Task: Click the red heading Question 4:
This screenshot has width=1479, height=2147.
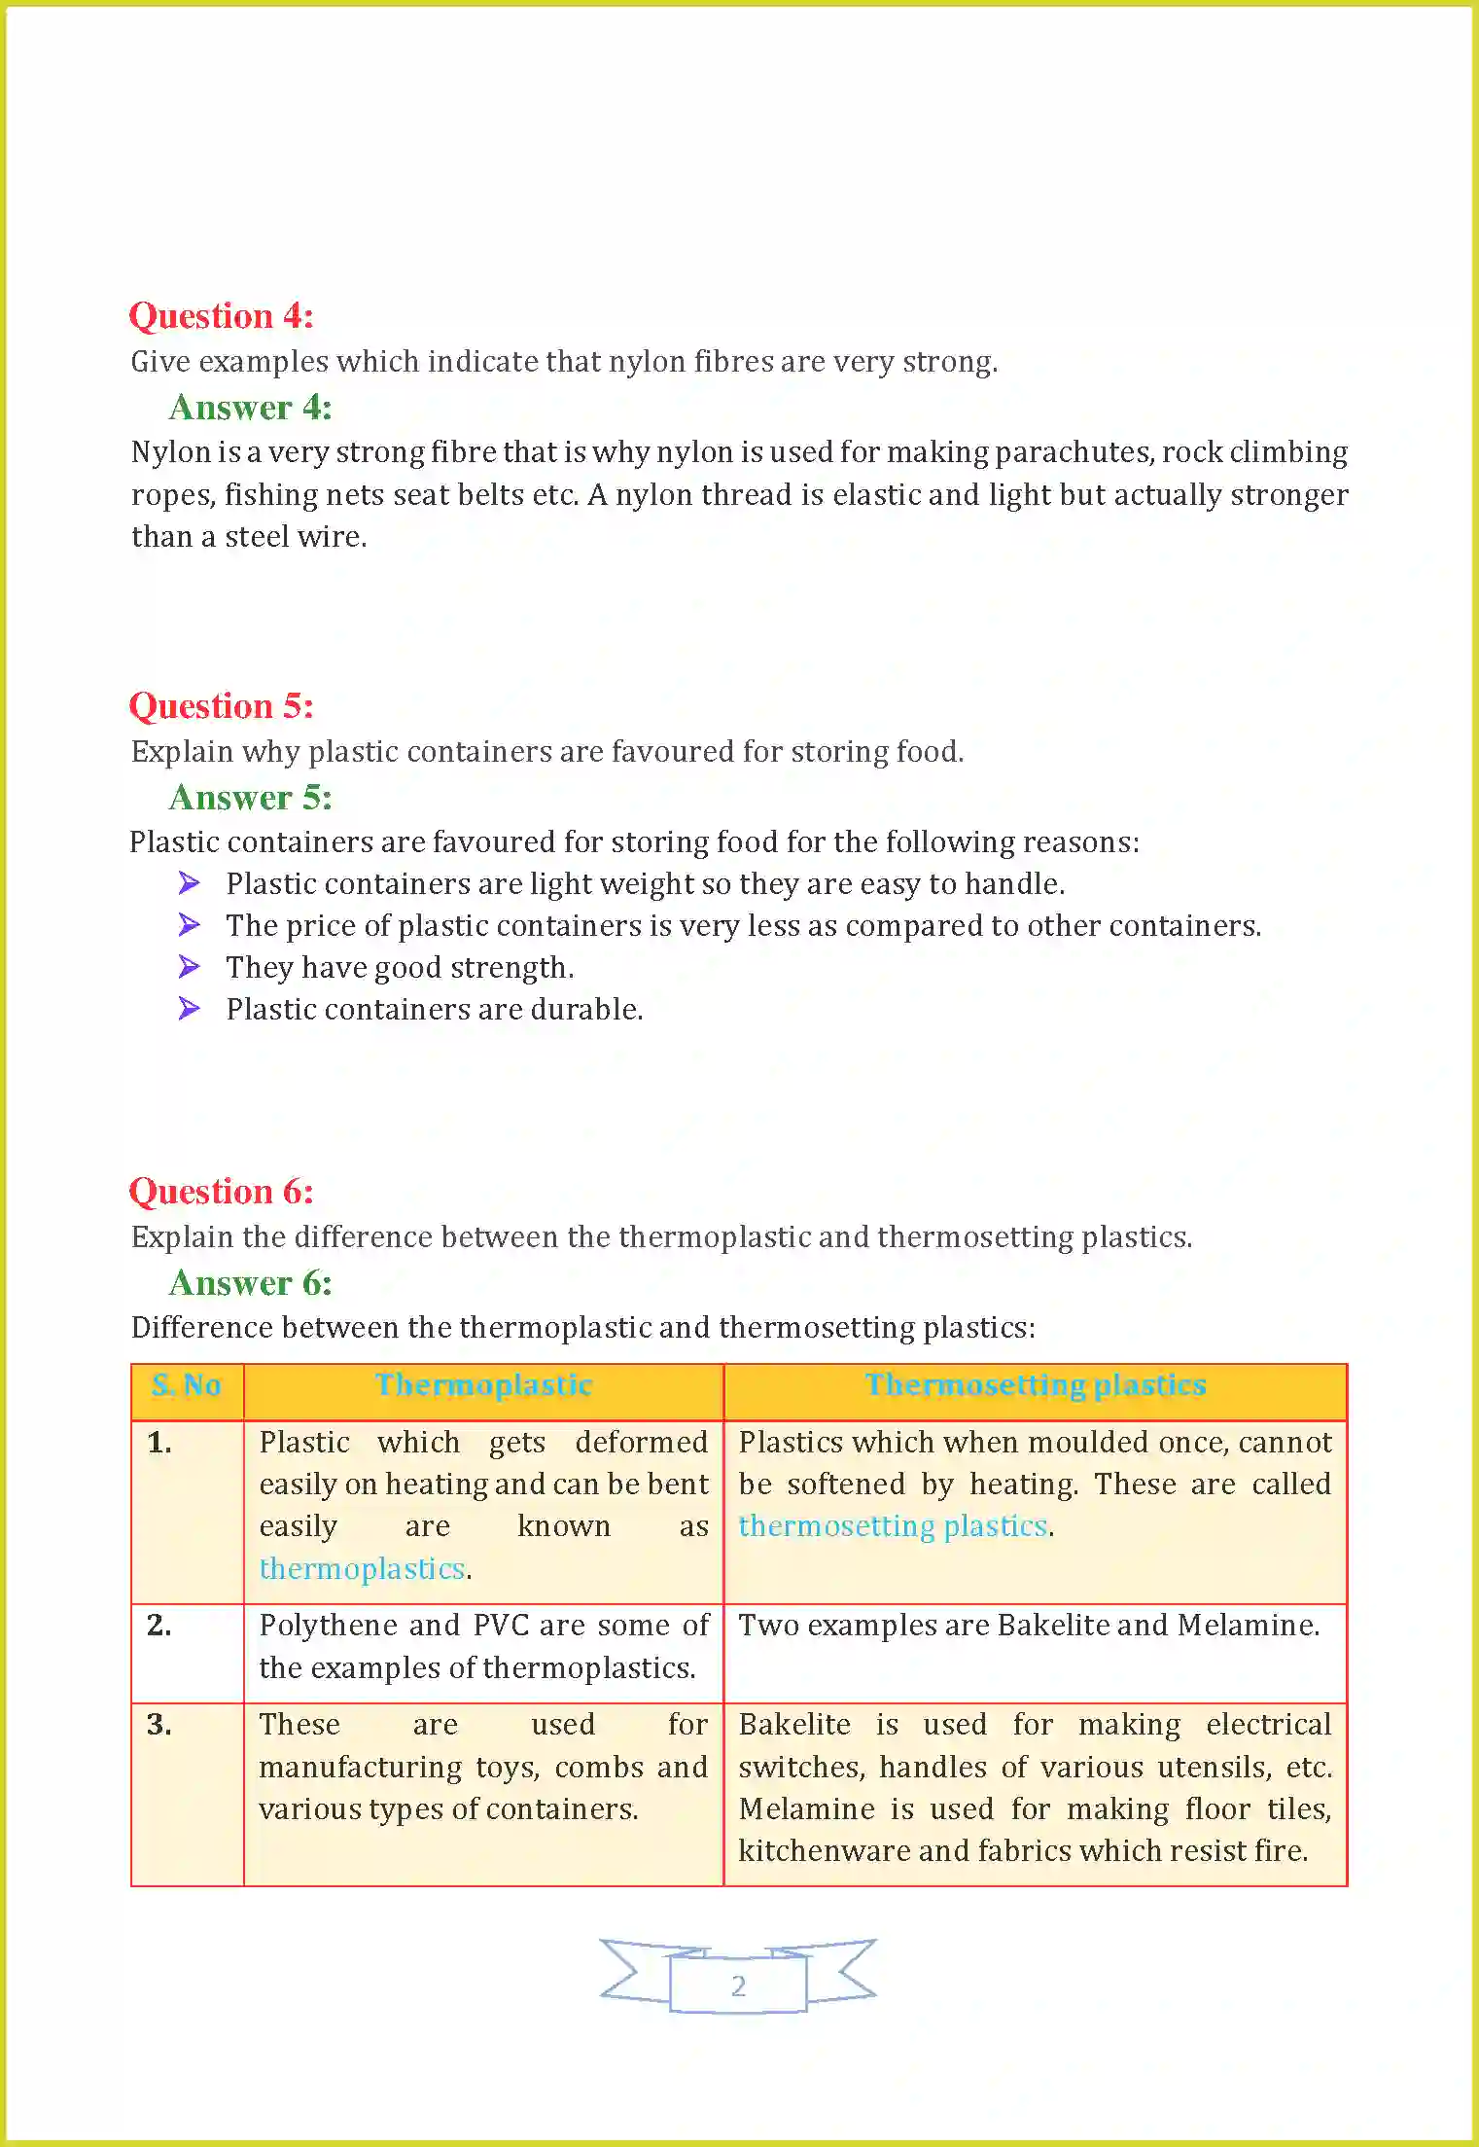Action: tap(221, 316)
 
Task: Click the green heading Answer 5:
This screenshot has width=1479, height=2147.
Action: tap(250, 797)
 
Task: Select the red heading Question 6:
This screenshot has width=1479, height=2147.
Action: tap(221, 1191)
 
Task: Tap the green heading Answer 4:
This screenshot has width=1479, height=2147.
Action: tap(250, 407)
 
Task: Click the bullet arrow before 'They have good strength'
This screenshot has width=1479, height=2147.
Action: tap(190, 967)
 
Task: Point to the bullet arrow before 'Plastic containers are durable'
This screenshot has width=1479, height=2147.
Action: tap(190, 1009)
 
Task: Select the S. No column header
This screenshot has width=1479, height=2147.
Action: tap(186, 1384)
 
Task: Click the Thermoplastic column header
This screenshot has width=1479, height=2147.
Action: tap(483, 1384)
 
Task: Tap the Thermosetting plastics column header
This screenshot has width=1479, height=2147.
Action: tap(1035, 1384)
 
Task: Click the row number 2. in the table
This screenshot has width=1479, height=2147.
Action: tap(159, 1625)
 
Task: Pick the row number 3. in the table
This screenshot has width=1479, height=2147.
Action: tap(159, 1724)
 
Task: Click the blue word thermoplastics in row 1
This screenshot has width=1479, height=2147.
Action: tap(362, 1568)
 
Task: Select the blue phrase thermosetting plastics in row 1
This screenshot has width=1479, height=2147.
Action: tap(892, 1525)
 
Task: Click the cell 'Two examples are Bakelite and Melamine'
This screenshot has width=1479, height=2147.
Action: tap(1028, 1625)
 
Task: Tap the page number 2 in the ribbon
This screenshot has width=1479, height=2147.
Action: tap(738, 1986)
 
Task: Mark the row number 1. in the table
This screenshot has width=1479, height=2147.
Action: tap(159, 1442)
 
